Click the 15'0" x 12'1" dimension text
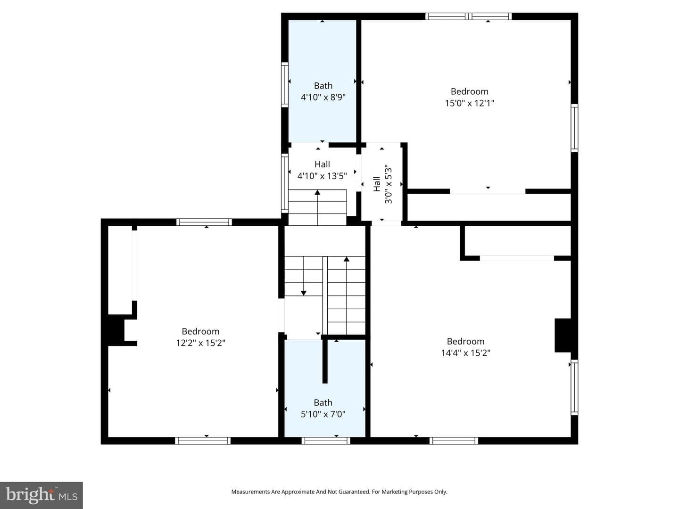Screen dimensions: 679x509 tap(469, 103)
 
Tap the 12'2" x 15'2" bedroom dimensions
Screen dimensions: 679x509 tap(200, 343)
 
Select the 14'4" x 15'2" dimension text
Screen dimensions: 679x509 tap(465, 353)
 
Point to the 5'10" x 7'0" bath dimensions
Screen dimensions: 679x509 tap(323, 414)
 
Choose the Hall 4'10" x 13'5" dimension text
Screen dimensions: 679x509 tap(322, 176)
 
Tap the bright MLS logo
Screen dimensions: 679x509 tap(41, 495)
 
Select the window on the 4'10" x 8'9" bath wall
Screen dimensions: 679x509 tap(285, 85)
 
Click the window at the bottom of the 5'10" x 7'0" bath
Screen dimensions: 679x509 tap(326, 441)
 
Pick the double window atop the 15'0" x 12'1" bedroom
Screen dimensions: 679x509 tap(468, 16)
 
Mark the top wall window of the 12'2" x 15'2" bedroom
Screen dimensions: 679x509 tap(204, 222)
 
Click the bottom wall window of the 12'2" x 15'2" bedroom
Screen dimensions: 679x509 tap(203, 441)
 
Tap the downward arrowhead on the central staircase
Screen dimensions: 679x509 tap(304, 293)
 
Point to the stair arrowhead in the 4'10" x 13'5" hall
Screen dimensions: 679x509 tap(317, 193)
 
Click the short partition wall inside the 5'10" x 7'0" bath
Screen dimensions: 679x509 tap(325, 361)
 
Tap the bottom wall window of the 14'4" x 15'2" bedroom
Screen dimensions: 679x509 tap(454, 441)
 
